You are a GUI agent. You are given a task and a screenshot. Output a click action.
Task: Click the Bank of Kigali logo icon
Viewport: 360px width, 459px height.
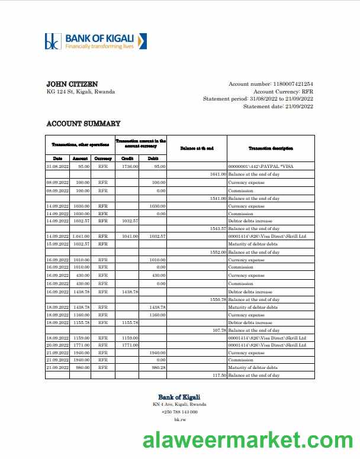pos(52,41)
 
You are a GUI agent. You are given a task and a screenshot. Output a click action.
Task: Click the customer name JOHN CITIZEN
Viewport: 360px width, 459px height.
pos(72,84)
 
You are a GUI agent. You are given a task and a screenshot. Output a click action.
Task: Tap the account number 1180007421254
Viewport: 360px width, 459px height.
pos(292,85)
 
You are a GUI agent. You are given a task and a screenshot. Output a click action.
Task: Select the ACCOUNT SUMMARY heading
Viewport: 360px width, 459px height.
pos(83,124)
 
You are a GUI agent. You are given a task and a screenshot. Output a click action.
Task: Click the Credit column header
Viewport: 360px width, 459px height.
pos(127,159)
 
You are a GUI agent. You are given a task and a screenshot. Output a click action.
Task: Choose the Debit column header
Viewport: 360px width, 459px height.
pos(153,159)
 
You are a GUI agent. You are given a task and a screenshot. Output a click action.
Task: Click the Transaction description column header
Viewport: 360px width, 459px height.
pos(271,148)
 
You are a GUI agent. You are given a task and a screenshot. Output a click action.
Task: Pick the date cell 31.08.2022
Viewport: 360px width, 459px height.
pos(57,167)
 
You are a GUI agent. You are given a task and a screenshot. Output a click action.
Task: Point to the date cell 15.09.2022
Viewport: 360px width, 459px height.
pos(57,244)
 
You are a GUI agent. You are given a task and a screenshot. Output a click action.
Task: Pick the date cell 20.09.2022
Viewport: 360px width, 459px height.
pos(57,345)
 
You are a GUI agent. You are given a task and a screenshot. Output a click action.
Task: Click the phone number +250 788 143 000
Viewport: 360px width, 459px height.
pos(179,412)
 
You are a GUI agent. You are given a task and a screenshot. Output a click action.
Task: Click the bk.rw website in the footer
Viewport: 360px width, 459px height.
pos(179,419)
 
